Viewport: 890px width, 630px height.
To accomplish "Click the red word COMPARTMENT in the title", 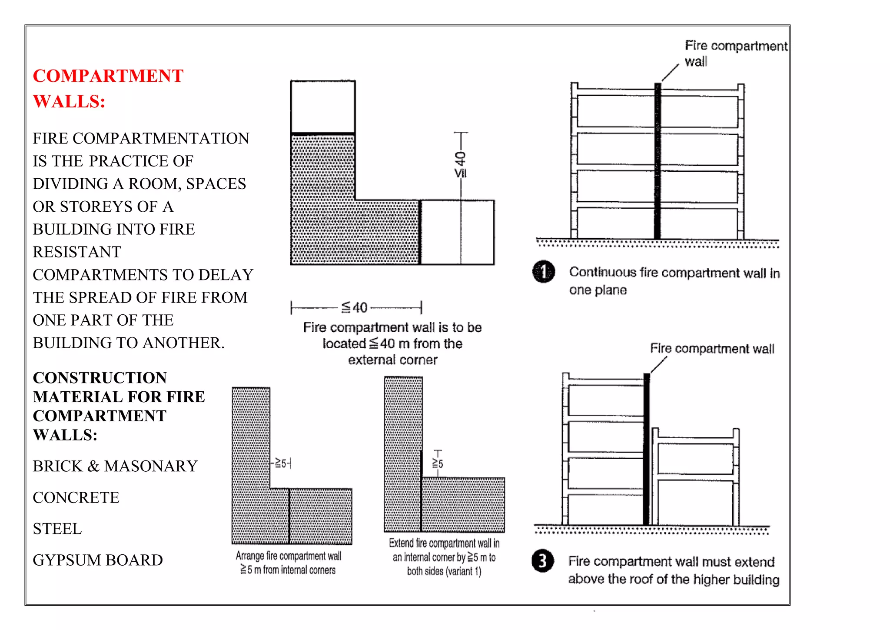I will click(108, 76).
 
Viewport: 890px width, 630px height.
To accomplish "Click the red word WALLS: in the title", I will click(69, 102).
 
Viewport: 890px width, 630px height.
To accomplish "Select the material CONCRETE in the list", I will click(76, 497).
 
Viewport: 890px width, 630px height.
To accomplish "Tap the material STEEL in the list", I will click(57, 529).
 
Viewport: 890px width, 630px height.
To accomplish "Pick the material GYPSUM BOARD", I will click(98, 560).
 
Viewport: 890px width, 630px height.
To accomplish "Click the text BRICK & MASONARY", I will click(115, 466).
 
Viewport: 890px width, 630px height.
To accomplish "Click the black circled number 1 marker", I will click(543, 272).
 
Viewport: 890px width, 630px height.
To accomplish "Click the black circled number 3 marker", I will click(542, 561).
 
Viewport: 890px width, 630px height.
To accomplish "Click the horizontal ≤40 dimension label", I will click(355, 308).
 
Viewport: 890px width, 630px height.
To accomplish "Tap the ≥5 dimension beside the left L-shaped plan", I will click(281, 463).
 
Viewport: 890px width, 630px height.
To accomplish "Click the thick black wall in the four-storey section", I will click(658, 161).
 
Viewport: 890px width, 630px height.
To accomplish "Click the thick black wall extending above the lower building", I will click(647, 448).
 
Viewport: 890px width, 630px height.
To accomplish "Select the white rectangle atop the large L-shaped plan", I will click(323, 107).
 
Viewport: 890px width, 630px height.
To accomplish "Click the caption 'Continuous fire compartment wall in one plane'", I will click(674, 281).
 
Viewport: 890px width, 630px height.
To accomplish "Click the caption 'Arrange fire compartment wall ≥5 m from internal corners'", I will click(288, 563).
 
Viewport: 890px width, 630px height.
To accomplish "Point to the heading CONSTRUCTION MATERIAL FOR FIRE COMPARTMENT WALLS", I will click(119, 406).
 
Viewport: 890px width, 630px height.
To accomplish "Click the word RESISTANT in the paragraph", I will click(77, 252).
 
